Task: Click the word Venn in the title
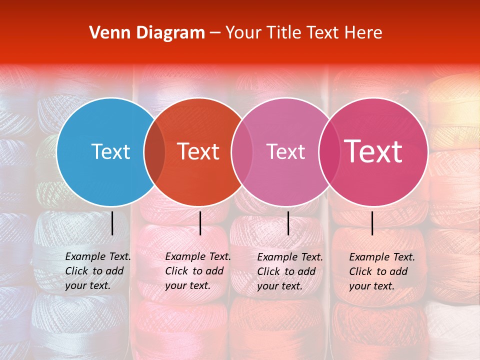coord(106,33)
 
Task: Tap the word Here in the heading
coord(364,33)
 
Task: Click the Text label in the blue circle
coord(110,151)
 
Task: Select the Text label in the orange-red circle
coord(198,151)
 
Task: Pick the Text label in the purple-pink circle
coord(285,151)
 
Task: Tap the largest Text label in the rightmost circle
coord(373,151)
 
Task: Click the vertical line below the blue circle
coord(112,223)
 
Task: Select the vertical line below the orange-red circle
coord(200,223)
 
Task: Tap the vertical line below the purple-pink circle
coord(288,223)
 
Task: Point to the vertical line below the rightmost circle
coord(372,223)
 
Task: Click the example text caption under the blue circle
coord(97,271)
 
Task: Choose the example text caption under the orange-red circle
coord(197,271)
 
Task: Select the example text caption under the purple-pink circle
coord(289,271)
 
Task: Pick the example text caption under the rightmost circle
coord(381,271)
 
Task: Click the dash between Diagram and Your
coord(215,33)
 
